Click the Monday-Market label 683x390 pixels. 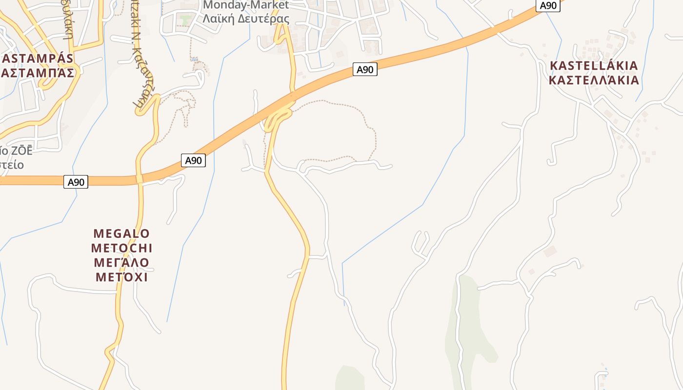[246, 5]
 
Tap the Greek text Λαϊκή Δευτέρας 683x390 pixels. [246, 19]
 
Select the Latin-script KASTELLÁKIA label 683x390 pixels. [594, 66]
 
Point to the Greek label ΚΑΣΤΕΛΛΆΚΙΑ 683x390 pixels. [594, 80]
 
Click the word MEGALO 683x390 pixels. [121, 234]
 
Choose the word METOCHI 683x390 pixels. [121, 248]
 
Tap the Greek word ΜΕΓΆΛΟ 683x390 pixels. [121, 263]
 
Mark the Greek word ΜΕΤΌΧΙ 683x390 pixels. [121, 277]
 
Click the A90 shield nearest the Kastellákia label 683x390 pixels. [548, 6]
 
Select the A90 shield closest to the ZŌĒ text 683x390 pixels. [76, 182]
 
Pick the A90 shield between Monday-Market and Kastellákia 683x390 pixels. [364, 70]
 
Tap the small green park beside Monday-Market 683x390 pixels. [185, 20]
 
